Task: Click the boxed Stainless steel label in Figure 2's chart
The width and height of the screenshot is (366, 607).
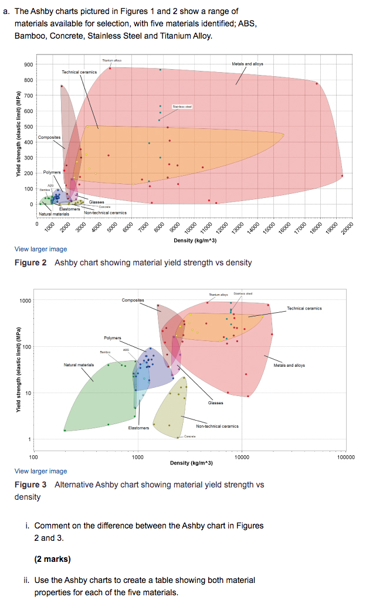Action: (x=182, y=107)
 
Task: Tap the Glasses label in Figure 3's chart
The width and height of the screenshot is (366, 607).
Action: (x=215, y=403)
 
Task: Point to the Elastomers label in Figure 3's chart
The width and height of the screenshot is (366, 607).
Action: (x=138, y=428)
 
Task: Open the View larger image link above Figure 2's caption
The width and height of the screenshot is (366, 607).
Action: (x=40, y=249)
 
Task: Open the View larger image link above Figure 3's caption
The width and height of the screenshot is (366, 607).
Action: (x=40, y=471)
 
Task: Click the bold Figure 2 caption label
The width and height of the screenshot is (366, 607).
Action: (x=30, y=262)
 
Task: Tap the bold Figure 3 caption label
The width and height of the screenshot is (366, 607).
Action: (x=30, y=485)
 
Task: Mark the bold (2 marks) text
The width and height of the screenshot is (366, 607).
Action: (x=53, y=559)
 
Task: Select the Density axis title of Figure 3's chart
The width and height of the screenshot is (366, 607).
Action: (x=191, y=463)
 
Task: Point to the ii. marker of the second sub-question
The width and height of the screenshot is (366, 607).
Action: (x=28, y=580)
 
